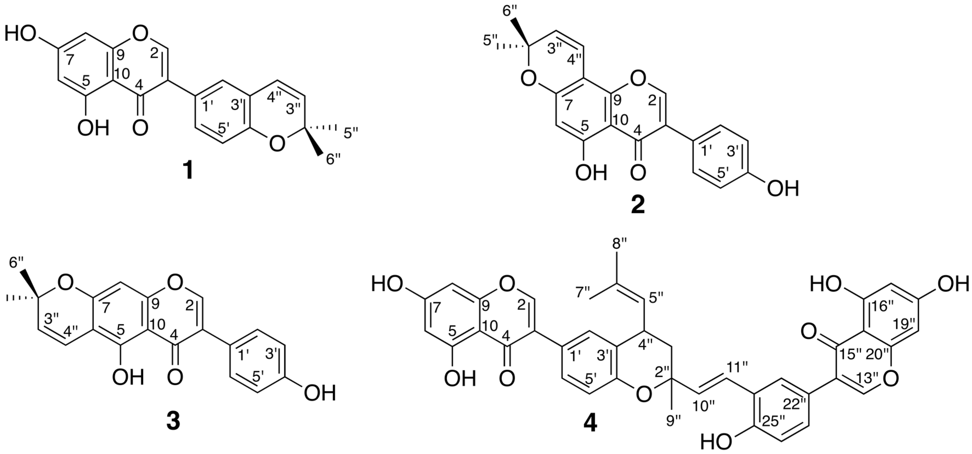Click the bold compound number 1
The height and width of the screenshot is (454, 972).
pos(187,171)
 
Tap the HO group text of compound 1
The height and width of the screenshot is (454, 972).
pos(21,35)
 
